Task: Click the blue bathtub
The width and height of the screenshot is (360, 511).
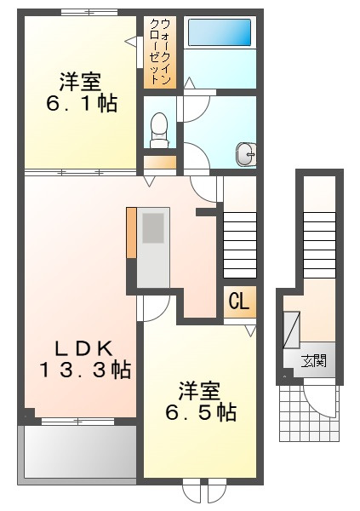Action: coord(220,32)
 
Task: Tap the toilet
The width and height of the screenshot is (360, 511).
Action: coord(159,130)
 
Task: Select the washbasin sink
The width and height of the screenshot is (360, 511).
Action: coord(246,154)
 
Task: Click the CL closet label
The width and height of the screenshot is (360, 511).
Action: coord(239,301)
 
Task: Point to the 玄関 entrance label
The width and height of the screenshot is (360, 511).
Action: coord(314,361)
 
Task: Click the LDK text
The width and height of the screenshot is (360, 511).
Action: coord(83,349)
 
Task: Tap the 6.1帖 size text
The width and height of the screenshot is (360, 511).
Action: coord(82,104)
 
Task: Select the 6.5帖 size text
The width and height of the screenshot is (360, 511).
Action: coord(201,413)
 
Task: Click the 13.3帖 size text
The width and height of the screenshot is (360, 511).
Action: coord(85,370)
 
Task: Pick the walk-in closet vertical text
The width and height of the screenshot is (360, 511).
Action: coord(160,51)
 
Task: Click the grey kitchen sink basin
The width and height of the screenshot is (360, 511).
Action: coord(153,227)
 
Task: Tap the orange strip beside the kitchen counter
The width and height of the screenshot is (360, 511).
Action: coord(131,233)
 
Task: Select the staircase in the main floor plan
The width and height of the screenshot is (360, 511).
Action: coord(239,245)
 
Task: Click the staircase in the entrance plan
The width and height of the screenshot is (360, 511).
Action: coord(319,245)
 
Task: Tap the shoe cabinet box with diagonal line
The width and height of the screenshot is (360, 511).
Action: coord(292,330)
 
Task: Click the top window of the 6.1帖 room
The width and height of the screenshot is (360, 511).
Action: coord(89,13)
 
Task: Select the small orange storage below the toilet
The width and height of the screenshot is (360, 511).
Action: coord(160,162)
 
